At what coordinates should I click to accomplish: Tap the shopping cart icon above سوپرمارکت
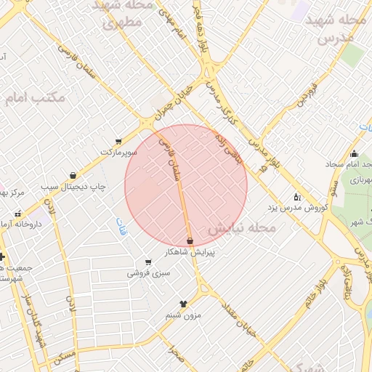[118, 142]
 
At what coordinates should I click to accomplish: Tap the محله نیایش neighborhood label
[241, 228]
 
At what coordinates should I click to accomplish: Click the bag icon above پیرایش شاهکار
[190, 240]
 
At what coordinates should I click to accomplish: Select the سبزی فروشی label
[149, 273]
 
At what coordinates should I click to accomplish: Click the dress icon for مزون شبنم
[183, 304]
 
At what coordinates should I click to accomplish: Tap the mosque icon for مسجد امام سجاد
[354, 153]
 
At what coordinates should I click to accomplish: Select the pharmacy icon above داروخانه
[17, 214]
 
